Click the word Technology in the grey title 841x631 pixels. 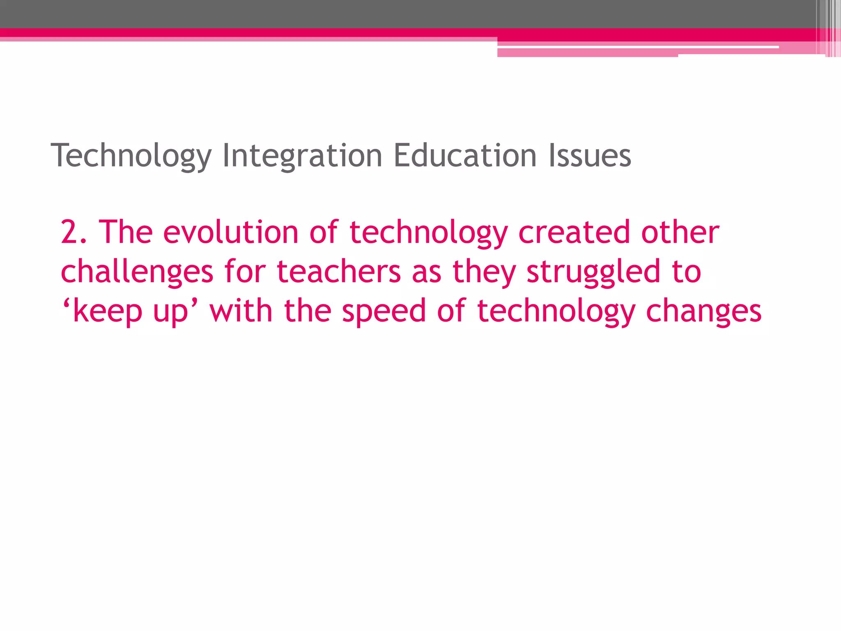click(x=131, y=156)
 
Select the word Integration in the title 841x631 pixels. click(x=302, y=156)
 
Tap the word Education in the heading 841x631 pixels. click(x=465, y=156)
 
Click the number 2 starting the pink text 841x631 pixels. click(x=69, y=232)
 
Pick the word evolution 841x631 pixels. click(x=230, y=232)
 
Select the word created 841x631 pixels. click(x=574, y=232)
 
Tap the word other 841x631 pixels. click(x=680, y=232)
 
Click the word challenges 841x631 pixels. click(x=137, y=272)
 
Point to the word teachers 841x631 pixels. click(x=339, y=272)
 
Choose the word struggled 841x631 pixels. click(x=593, y=272)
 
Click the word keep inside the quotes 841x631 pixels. click(x=108, y=311)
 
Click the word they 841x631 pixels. click(x=484, y=272)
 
